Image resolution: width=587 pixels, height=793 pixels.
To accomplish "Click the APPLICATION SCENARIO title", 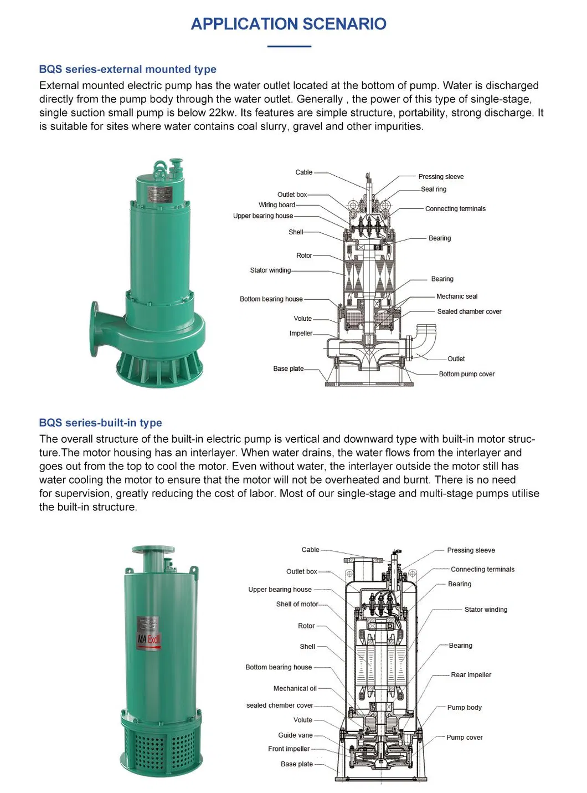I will coord(289,24).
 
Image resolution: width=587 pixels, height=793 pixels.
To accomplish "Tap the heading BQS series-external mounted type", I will coord(127,69).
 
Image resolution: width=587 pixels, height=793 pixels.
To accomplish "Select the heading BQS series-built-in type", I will coord(100,423).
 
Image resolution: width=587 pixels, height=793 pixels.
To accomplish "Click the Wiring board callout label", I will coord(276,205).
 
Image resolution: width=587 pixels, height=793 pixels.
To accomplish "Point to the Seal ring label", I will coord(434,190).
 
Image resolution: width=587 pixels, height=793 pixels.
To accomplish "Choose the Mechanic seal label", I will coord(456,296).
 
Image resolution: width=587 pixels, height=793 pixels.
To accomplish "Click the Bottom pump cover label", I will coord(466,374).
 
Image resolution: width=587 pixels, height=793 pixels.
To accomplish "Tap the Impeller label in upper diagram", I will coord(301,334).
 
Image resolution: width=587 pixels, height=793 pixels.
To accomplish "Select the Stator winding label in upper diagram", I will coord(270,270).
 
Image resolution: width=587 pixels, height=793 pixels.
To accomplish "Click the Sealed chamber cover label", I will coord(469,311).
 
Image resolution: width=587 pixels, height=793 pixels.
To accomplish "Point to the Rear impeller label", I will coord(471,675).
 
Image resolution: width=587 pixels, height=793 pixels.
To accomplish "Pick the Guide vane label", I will coord(295,735).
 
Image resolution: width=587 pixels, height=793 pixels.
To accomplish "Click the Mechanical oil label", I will coord(295,689).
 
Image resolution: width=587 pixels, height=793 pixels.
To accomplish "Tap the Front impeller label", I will coord(289,749).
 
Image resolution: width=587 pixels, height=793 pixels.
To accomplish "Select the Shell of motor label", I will coord(297,605).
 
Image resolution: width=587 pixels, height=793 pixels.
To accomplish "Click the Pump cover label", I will coord(464,738).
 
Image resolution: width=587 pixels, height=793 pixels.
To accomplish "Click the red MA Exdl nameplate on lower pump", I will coord(148,638).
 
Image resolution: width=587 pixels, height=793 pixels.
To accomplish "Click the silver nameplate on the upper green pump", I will coord(160,194).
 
